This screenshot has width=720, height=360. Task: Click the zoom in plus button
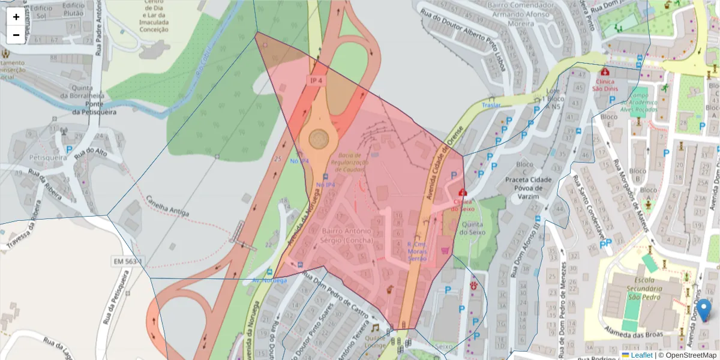[16, 17]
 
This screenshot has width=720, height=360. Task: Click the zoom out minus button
[16, 35]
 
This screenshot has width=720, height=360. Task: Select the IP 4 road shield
[316, 80]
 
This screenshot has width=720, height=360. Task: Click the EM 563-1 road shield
[129, 262]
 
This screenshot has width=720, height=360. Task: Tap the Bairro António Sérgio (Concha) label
[348, 235]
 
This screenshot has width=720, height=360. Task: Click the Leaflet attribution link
[641, 355]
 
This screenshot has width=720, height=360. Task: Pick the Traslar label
[491, 105]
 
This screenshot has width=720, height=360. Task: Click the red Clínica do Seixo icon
[462, 193]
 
